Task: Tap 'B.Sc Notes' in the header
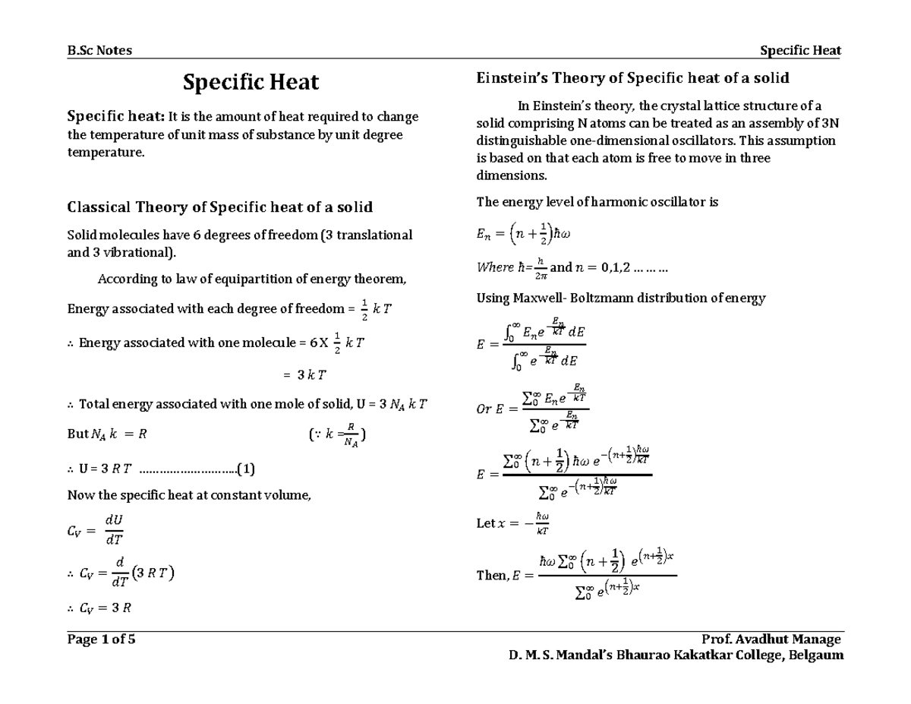[99, 50]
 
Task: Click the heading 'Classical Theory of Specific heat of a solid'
[220, 207]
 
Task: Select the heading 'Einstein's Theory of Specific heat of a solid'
[632, 77]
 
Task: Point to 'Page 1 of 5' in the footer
[102, 639]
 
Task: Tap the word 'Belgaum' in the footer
[816, 655]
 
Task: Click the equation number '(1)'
[246, 468]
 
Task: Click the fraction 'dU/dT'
[114, 530]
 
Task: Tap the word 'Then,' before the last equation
[492, 576]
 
